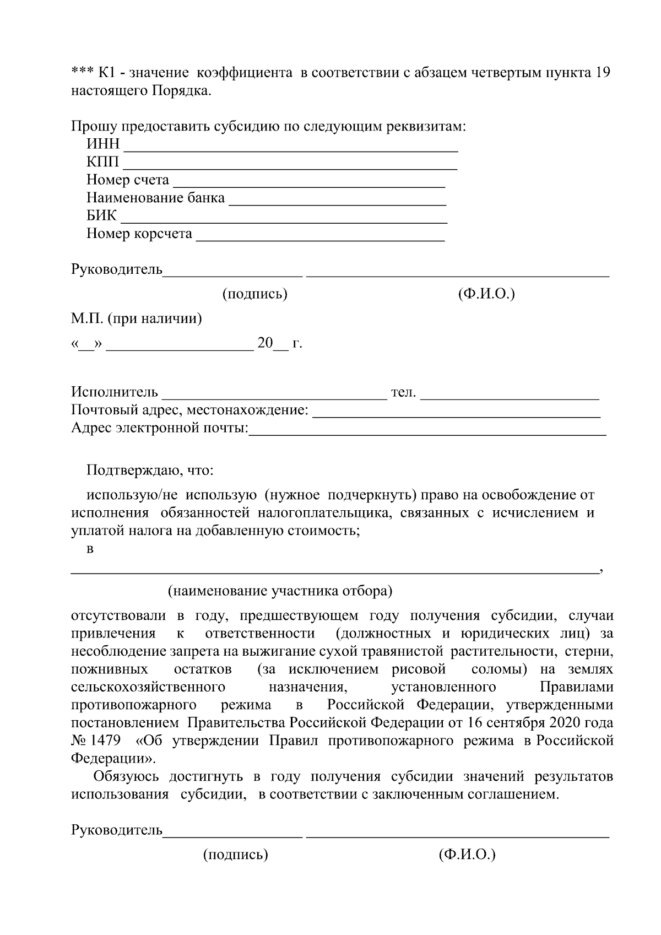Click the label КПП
102,163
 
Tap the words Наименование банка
155,198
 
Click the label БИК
101,215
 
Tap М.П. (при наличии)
136,318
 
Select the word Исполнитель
115,392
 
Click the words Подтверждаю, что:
150,470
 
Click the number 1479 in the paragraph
103,741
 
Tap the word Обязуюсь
126,776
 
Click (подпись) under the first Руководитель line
254,294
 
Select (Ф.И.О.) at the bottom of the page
467,855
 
